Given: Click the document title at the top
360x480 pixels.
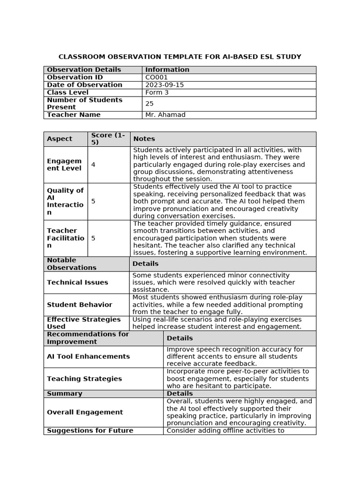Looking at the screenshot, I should [x=180, y=57].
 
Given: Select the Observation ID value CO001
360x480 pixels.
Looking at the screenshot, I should [x=156, y=77].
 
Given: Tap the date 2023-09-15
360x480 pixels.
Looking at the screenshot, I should [x=165, y=85].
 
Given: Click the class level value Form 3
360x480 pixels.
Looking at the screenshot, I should [x=157, y=92].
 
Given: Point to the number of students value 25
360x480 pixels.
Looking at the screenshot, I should [x=150, y=104].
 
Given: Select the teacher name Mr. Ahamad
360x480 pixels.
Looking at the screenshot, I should [x=165, y=115].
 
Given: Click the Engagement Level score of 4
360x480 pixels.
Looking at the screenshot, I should [x=93, y=165].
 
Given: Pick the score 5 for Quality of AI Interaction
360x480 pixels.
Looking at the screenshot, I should [x=93, y=201].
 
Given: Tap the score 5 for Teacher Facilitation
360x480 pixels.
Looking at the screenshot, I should [x=93, y=238].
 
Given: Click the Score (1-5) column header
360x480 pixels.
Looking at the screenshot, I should [x=108, y=139].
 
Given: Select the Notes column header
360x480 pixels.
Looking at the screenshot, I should [x=144, y=139].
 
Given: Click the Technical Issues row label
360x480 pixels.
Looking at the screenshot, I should [x=77, y=283].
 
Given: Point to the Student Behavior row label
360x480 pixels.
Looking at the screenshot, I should [x=79, y=305].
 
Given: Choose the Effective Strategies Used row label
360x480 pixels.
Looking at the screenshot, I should [x=83, y=323].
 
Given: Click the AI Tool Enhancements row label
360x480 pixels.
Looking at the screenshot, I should [x=88, y=357].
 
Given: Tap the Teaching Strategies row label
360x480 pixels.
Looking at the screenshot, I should [x=84, y=379].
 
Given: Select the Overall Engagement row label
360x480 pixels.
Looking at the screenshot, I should [x=85, y=412].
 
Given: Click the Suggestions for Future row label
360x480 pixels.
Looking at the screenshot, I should [x=90, y=430].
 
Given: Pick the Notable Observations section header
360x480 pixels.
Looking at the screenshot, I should [x=71, y=264].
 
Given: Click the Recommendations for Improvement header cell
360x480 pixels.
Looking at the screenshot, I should [x=88, y=338].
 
